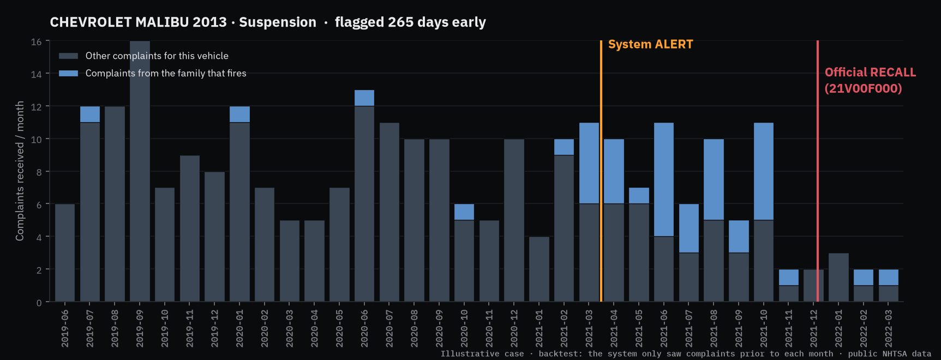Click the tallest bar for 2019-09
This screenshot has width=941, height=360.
pyautogui.click(x=140, y=171)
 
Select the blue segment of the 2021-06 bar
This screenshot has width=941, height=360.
pyautogui.click(x=664, y=179)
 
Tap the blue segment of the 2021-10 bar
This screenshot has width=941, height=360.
pyautogui.click(x=764, y=171)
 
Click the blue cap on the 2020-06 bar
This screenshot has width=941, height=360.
pyautogui.click(x=364, y=98)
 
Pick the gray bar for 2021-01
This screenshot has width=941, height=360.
pyautogui.click(x=539, y=269)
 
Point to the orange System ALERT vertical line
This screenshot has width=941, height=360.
pyautogui.click(x=601, y=171)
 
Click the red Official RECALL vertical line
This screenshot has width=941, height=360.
pyautogui.click(x=817, y=171)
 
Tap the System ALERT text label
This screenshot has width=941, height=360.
pyautogui.click(x=650, y=45)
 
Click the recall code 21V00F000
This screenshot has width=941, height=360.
pyautogui.click(x=863, y=88)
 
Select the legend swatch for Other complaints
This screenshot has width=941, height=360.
pyautogui.click(x=68, y=56)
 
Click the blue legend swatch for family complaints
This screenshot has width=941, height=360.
pyautogui.click(x=68, y=73)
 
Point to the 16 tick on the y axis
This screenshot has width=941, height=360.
pyautogui.click(x=36, y=42)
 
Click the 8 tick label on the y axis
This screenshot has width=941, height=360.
pyautogui.click(x=39, y=172)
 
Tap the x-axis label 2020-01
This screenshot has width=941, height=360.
pyautogui.click(x=239, y=328)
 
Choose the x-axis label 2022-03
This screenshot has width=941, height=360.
pyautogui.click(x=889, y=328)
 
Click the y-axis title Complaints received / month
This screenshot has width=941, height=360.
pyautogui.click(x=20, y=171)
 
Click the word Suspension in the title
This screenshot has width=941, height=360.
pyautogui.click(x=278, y=22)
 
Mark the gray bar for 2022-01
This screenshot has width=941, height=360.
pyautogui.click(x=838, y=277)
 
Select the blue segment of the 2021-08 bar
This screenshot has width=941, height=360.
pyautogui.click(x=714, y=179)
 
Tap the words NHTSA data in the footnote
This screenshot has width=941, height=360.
pyautogui.click(x=907, y=354)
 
